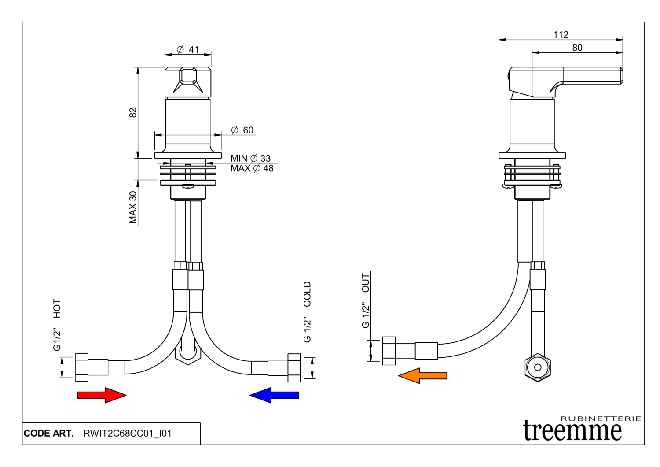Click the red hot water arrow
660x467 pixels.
point(102,395)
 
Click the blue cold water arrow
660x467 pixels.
point(274,395)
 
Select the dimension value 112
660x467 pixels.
point(561,35)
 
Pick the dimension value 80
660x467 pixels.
point(577,48)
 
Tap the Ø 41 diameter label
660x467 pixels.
point(188,50)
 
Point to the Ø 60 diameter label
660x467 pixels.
point(242,130)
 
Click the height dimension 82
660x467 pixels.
point(133,112)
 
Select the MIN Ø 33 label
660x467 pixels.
point(251,158)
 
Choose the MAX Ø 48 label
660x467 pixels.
point(252,168)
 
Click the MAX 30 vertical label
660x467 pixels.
point(133,207)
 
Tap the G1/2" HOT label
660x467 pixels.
point(57,325)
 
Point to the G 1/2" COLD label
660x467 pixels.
point(307,312)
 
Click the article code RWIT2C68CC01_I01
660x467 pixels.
point(128,434)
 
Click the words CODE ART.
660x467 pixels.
point(49,434)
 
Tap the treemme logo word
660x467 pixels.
point(572,430)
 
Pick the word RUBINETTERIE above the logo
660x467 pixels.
point(601,419)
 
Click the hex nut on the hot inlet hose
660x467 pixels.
point(82,367)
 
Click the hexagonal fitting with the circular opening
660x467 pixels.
point(538,367)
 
